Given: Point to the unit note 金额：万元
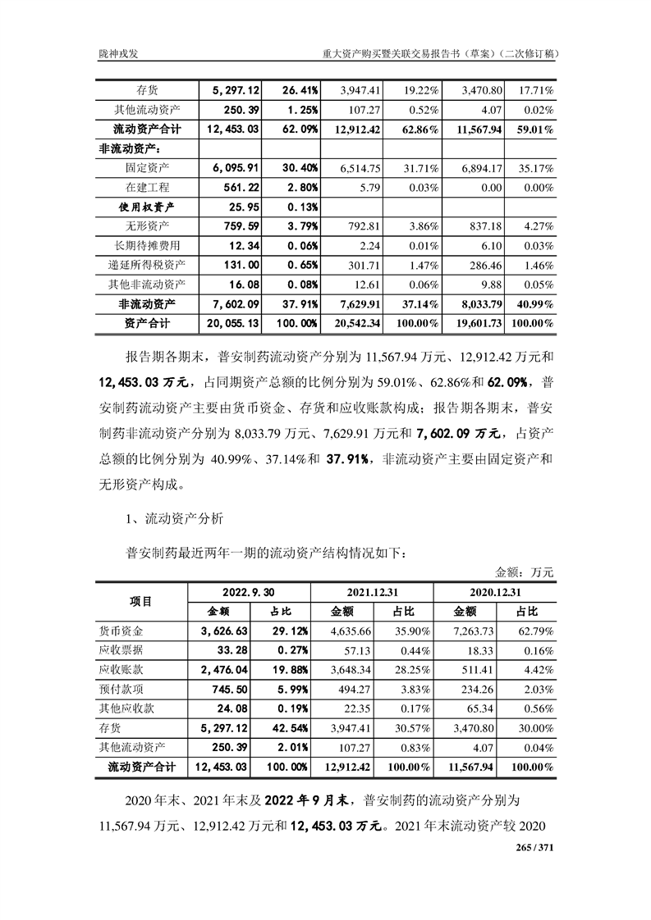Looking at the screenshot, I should [x=525, y=572].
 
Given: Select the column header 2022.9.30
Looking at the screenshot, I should [x=249, y=593].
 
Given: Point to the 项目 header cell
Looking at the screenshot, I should [x=142, y=601].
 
